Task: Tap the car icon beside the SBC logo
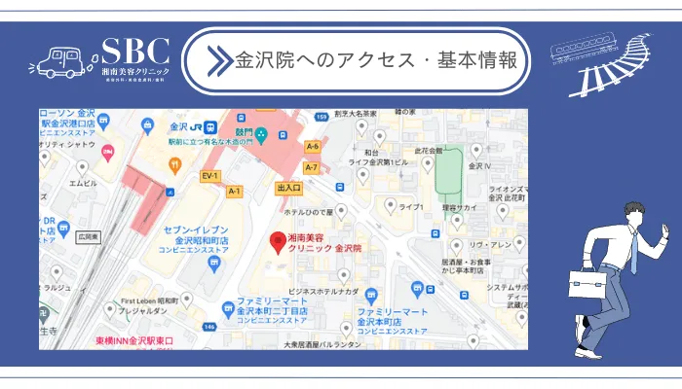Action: click(55, 62)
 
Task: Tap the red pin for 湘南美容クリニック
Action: click(278, 242)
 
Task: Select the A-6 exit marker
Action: click(312, 146)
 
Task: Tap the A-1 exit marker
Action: click(234, 192)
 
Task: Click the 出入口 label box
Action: click(288, 188)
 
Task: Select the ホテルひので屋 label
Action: click(308, 211)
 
